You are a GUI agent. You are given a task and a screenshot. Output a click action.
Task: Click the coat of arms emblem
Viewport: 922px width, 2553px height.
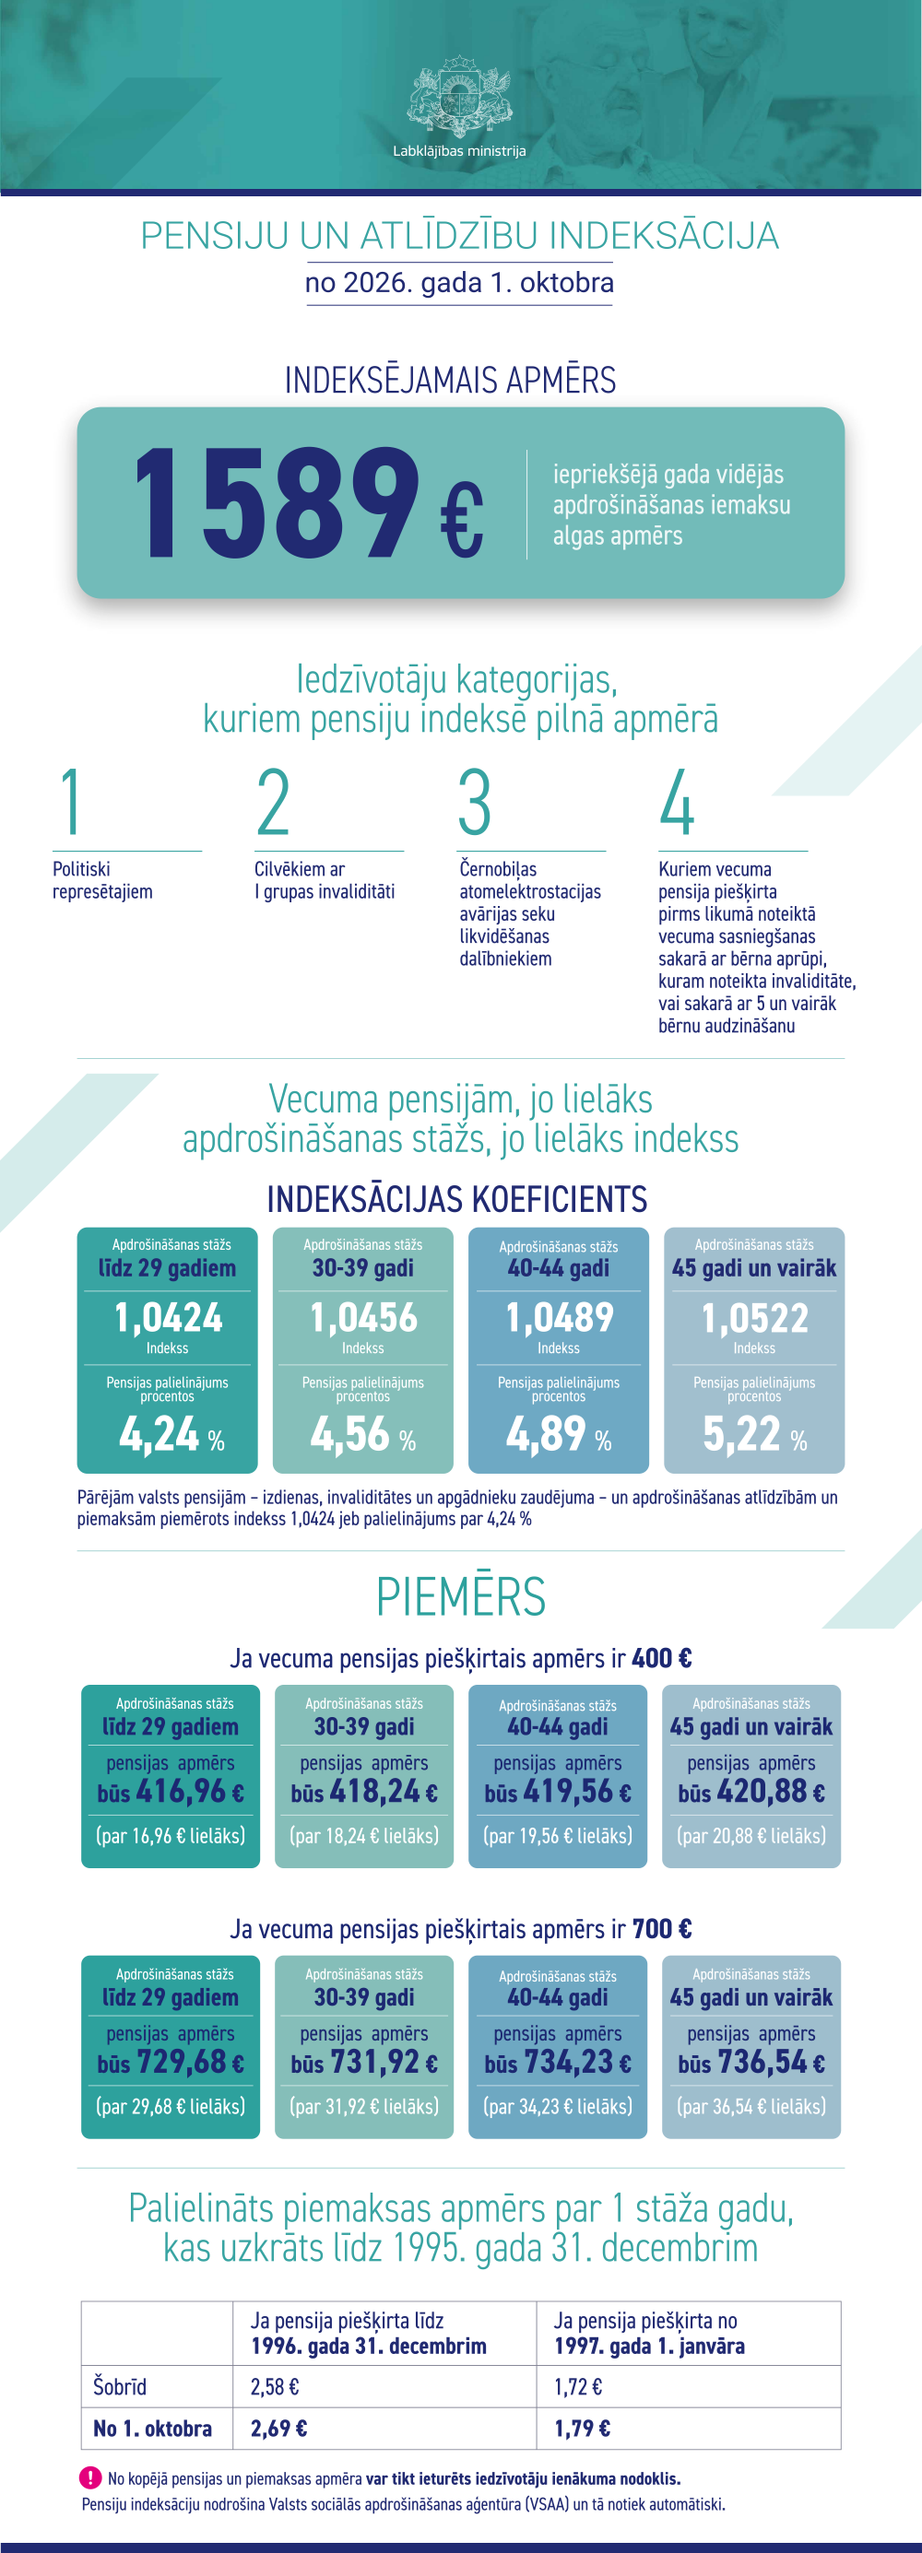click(x=459, y=97)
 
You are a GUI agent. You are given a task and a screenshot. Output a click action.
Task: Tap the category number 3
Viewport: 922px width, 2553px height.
click(x=475, y=802)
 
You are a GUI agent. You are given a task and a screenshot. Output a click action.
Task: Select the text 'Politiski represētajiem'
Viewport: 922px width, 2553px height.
click(x=103, y=880)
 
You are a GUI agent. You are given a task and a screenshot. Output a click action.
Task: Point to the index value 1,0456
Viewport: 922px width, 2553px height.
click(x=363, y=1317)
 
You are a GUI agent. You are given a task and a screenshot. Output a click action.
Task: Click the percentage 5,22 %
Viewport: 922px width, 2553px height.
click(x=754, y=1433)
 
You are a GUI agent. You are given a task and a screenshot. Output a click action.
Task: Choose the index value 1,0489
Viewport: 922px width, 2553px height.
click(x=559, y=1317)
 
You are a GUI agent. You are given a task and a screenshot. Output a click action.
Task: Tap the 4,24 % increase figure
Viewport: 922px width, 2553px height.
click(x=171, y=1433)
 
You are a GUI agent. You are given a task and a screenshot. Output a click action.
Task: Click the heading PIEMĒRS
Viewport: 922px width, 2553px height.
click(x=461, y=1596)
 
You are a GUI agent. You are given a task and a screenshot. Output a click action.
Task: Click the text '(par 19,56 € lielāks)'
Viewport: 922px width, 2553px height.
click(x=557, y=1835)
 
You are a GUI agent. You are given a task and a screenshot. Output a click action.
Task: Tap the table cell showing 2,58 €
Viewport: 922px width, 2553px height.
click(x=275, y=2386)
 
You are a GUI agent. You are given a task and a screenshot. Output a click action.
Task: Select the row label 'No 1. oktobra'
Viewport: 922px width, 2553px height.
click(x=153, y=2429)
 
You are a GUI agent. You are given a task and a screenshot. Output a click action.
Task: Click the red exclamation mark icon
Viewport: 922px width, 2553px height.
click(x=90, y=2477)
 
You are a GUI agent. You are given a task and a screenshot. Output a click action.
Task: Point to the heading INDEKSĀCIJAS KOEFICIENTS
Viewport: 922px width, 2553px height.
click(x=457, y=1199)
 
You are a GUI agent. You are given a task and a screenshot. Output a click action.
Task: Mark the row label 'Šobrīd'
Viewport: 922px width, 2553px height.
click(x=120, y=2386)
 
